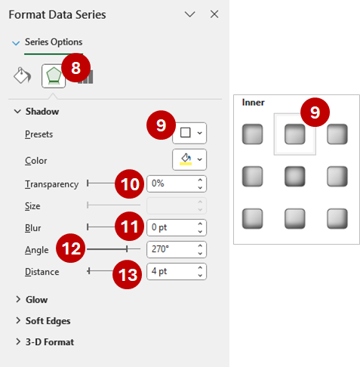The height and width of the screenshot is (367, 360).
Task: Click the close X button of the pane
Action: [214, 14]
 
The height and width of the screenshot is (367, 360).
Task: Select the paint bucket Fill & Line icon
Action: [23, 76]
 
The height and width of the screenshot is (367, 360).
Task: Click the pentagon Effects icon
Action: [53, 76]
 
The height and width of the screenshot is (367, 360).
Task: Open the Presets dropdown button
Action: [189, 133]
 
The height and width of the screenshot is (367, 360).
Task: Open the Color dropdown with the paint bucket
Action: [189, 159]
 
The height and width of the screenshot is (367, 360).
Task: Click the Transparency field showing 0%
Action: [170, 183]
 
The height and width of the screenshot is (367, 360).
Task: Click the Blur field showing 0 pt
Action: [170, 227]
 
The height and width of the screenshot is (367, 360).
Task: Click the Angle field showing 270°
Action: [170, 248]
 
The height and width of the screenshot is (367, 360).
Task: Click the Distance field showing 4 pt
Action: [170, 270]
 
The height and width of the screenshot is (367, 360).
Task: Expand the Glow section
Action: [36, 299]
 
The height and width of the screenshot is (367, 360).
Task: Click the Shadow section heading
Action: [42, 111]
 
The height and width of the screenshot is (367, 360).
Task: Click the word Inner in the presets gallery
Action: [253, 101]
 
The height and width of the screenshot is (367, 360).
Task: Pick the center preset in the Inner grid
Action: [295, 177]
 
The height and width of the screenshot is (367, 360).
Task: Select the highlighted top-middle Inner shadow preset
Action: [295, 134]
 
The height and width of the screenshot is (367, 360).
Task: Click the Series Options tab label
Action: [54, 42]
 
